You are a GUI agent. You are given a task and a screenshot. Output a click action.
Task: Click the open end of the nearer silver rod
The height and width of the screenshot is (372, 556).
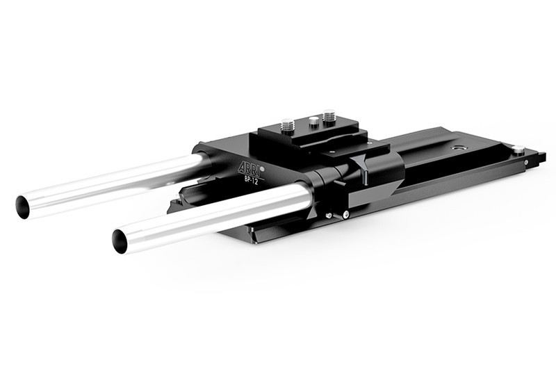[x=120, y=241]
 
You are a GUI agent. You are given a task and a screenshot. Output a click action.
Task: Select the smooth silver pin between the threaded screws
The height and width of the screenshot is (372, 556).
[x=313, y=122]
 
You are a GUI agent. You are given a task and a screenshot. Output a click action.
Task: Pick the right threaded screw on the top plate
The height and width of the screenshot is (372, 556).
[x=329, y=118]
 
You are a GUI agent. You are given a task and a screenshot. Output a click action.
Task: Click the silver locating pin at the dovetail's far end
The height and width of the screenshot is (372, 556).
[x=518, y=150]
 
